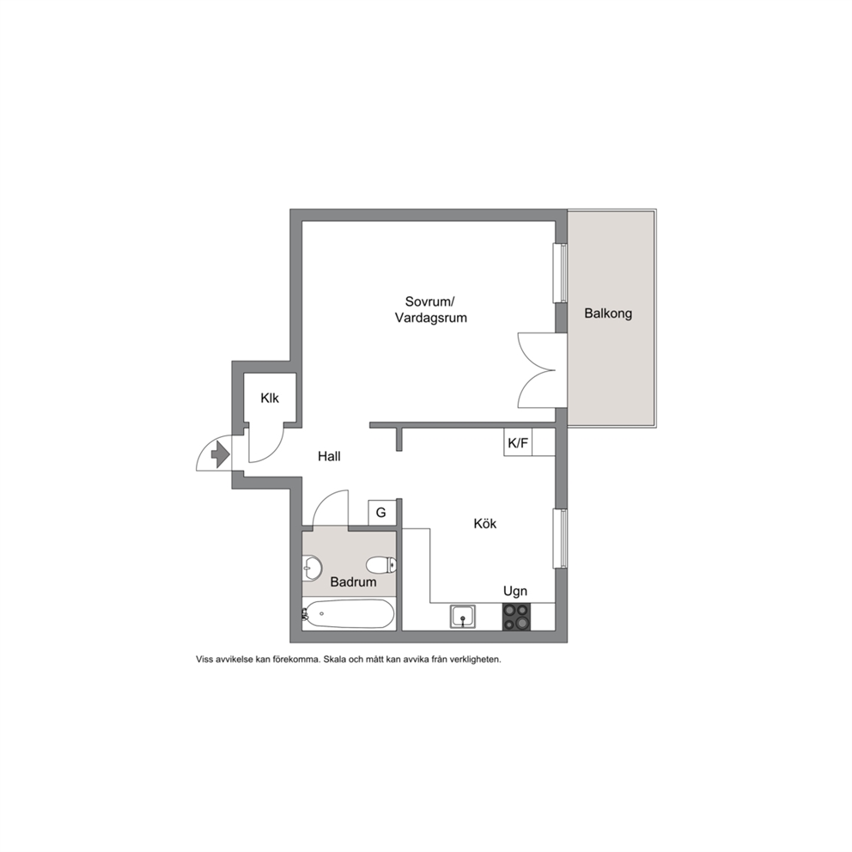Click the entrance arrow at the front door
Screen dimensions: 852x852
tap(220, 454)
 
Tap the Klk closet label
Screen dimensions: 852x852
tap(270, 399)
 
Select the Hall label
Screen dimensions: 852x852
tap(329, 456)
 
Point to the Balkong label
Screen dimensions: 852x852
tap(608, 313)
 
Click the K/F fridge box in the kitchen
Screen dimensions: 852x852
tap(518, 442)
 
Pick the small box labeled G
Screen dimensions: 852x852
tap(380, 513)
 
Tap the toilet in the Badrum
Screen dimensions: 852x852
tap(380, 565)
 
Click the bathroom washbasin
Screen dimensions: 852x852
tap(312, 568)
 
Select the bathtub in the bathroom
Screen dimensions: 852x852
tap(349, 613)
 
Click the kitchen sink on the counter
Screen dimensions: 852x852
tap(462, 617)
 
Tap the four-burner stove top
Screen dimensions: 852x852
tap(516, 617)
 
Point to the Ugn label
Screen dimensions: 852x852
tap(515, 591)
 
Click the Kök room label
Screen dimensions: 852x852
tap(485, 524)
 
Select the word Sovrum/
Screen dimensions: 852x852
tap(429, 301)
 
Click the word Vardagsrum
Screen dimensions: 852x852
tap(431, 318)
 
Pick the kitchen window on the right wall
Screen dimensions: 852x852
tap(561, 539)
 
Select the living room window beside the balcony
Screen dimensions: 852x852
tap(561, 273)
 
